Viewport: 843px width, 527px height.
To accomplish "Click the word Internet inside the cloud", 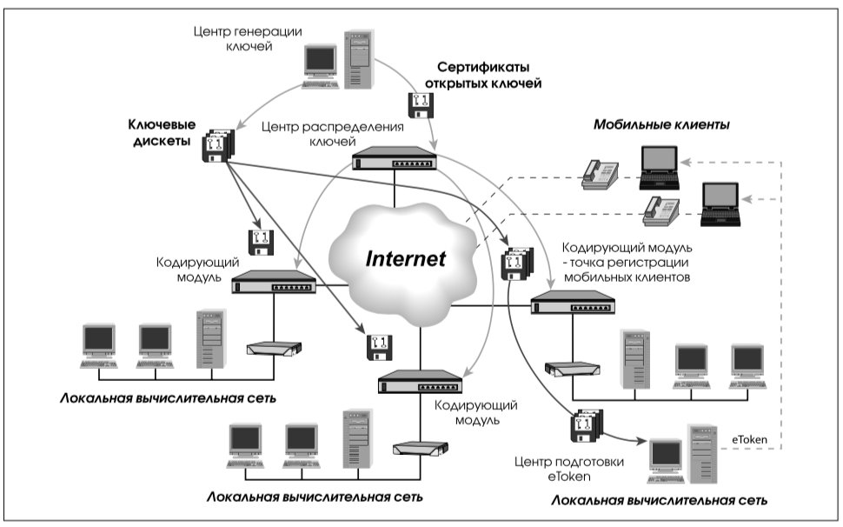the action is click(x=405, y=258).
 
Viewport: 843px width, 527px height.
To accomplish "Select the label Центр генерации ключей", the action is click(x=248, y=39).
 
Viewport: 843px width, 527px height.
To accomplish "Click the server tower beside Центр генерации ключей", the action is click(x=359, y=59).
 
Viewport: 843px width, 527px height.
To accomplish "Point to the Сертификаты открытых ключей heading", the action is click(x=483, y=76).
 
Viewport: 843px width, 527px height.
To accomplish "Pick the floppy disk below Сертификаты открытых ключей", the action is click(x=421, y=105).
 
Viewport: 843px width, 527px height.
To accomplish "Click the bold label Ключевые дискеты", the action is click(x=162, y=133).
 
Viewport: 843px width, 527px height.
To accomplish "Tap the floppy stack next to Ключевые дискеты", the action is click(x=218, y=145).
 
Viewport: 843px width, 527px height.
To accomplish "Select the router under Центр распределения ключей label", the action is click(x=395, y=157).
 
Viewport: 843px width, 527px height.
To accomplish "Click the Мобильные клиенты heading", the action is click(x=661, y=124).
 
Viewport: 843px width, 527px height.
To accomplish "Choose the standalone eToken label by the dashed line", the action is click(x=749, y=439).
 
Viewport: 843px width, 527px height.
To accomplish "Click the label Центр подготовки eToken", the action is click(x=569, y=469).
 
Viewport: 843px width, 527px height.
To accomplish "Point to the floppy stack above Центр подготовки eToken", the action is click(x=587, y=426).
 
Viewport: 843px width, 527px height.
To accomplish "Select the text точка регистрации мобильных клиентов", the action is click(x=627, y=270).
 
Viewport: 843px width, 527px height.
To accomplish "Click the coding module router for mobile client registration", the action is click(x=573, y=303).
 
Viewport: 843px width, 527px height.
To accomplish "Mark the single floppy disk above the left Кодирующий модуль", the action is click(x=262, y=243).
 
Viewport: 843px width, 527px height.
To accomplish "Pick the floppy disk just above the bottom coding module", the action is click(x=380, y=347).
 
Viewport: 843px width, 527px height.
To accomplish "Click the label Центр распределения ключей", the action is click(x=332, y=134).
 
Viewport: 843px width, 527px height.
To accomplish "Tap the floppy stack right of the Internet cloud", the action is click(x=516, y=263).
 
